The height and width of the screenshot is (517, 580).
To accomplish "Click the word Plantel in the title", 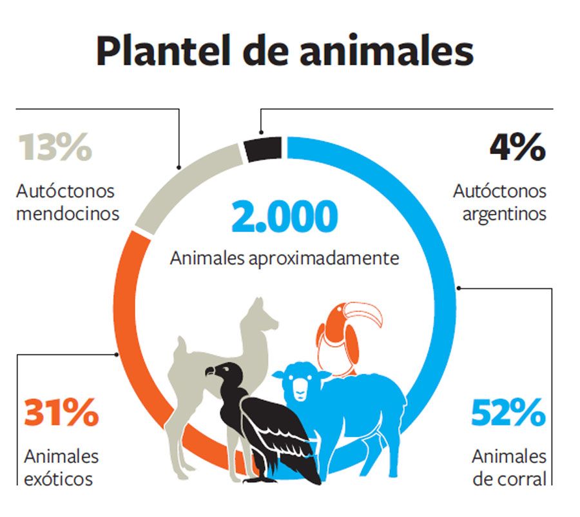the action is coord(163,50).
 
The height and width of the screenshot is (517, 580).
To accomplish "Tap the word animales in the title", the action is coord(387,50).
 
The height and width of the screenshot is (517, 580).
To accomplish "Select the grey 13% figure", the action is coord(55,147).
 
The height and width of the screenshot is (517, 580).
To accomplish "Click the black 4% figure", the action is coord(517,147).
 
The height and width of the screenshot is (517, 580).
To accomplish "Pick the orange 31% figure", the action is coord(61,413).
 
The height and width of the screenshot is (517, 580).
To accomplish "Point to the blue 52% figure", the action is coord(508,413).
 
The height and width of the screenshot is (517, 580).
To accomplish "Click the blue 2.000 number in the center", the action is coord(284,217).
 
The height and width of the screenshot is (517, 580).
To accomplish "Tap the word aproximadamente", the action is coord(324,258).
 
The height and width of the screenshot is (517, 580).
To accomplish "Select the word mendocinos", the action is coord(68,213).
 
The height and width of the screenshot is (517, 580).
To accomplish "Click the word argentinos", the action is coord(505,215).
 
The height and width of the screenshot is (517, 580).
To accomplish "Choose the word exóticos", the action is coord(58,479).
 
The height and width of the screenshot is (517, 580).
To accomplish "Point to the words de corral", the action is coord(509,479).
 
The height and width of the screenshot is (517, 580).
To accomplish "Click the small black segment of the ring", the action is coord(263,149).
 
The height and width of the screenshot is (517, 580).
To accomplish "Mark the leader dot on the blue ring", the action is coord(459,288).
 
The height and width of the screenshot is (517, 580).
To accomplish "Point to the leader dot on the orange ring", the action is coord(117,355).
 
